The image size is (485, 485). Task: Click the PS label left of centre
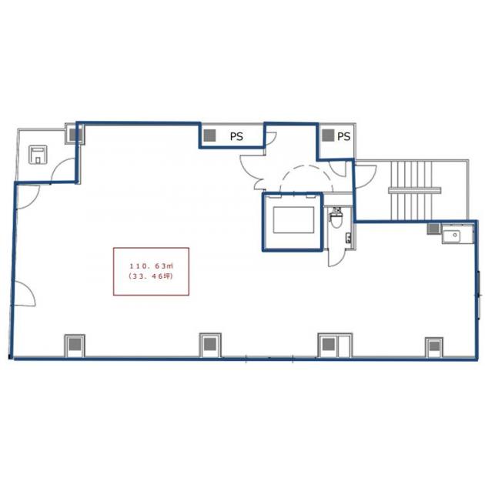[236, 136]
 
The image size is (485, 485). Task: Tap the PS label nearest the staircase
[343, 136]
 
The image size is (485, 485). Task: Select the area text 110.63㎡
[151, 266]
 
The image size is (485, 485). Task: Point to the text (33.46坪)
[151, 276]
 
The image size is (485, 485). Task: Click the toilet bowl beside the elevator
[336, 218]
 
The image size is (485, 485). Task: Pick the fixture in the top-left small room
[38, 155]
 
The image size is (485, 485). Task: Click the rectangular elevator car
[293, 220]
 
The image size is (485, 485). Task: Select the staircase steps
[414, 190]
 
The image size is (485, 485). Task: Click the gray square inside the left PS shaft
[209, 135]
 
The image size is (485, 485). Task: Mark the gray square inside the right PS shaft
[328, 135]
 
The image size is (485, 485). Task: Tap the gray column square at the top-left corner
[75, 135]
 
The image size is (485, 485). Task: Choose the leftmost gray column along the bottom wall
[75, 344]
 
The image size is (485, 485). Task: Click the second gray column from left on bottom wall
[210, 344]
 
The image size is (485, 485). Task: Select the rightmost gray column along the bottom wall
[435, 346]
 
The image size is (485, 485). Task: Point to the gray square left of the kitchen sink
[433, 229]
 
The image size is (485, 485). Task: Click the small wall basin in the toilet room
[349, 238]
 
